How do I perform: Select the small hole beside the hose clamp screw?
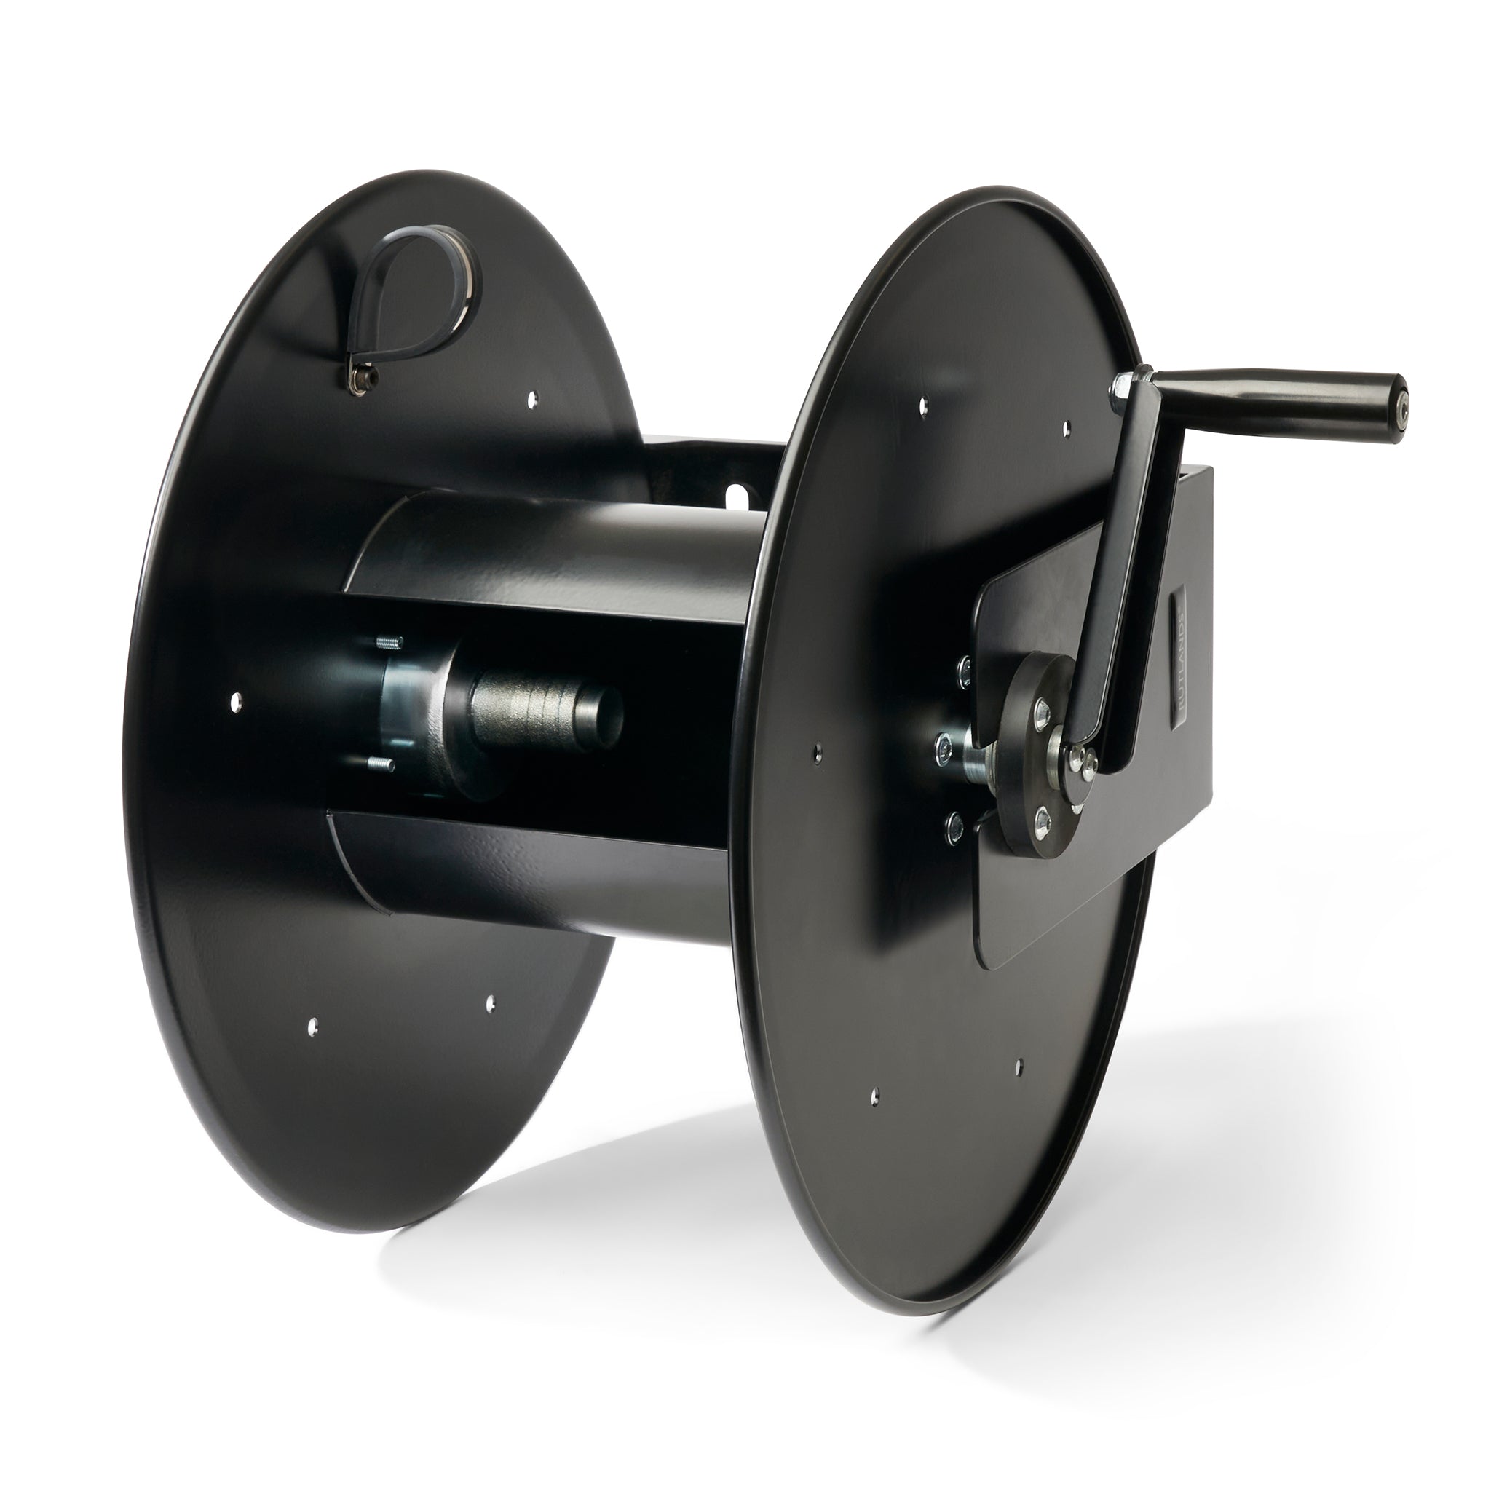click(531, 399)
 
